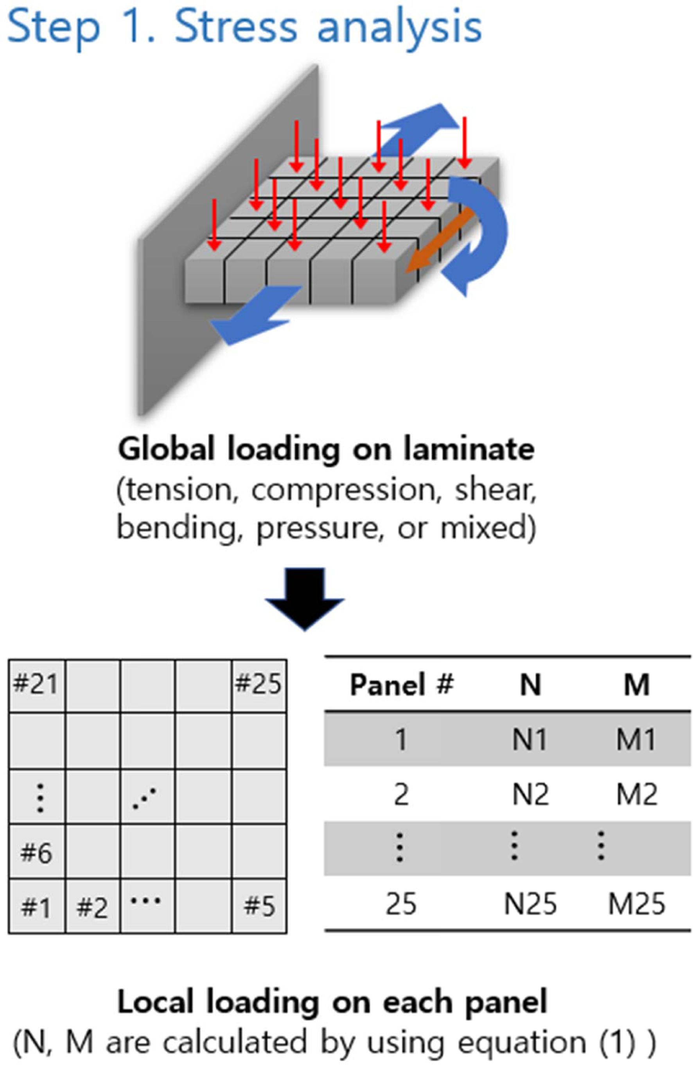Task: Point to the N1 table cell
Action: [530, 740]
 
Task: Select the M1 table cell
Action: [636, 740]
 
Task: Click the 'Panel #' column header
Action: [402, 685]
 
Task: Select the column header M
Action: [637, 685]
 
